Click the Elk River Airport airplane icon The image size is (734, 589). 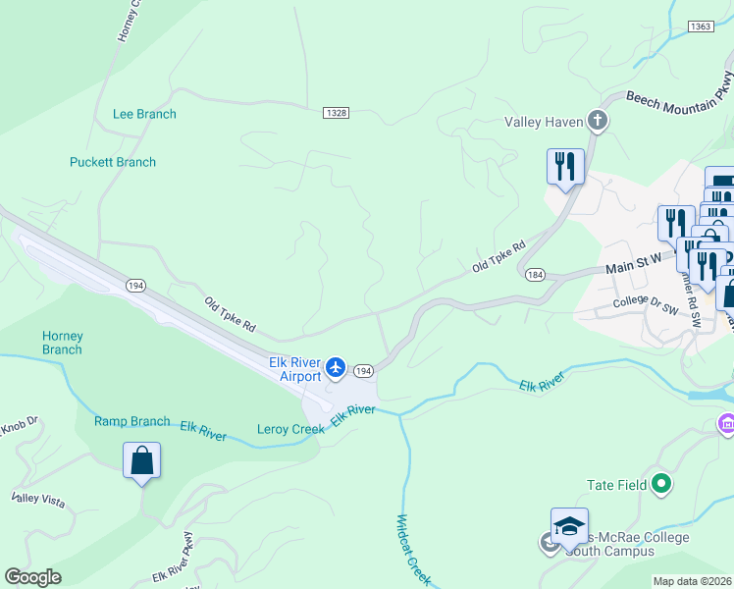tap(337, 367)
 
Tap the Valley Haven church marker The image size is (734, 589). tap(598, 122)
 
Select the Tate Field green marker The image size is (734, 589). tap(660, 484)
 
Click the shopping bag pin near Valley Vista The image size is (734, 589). tap(141, 460)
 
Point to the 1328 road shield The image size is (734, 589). tap(335, 114)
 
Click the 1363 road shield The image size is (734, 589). tap(701, 27)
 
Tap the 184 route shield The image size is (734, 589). tap(534, 274)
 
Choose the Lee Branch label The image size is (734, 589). tap(144, 114)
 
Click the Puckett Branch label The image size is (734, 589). tap(113, 162)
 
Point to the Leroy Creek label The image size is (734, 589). tap(290, 429)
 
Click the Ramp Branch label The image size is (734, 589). tap(132, 421)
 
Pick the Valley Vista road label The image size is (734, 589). tap(38, 500)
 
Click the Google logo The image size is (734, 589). tap(32, 577)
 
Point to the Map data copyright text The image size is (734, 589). tap(692, 581)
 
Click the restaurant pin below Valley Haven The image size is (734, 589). tap(565, 166)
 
